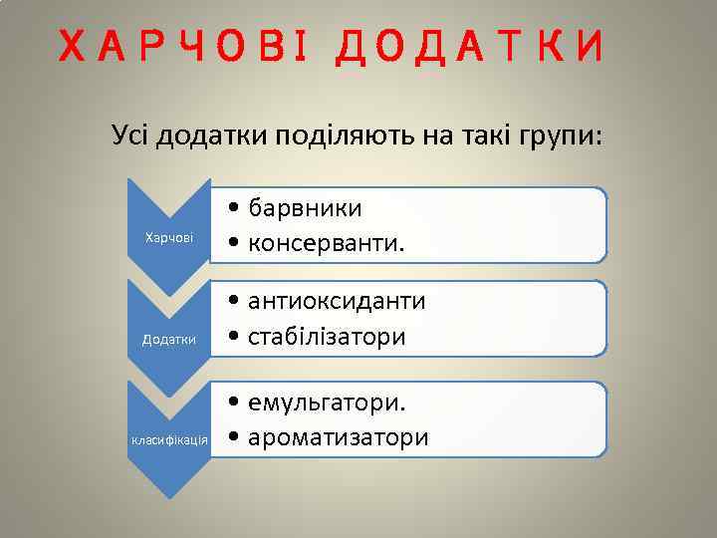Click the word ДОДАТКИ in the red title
[471, 47]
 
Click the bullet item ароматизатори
[339, 437]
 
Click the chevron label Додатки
[169, 340]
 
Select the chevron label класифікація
[169, 439]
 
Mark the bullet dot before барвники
[232, 209]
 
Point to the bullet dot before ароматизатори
[232, 438]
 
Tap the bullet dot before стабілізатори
[232, 338]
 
